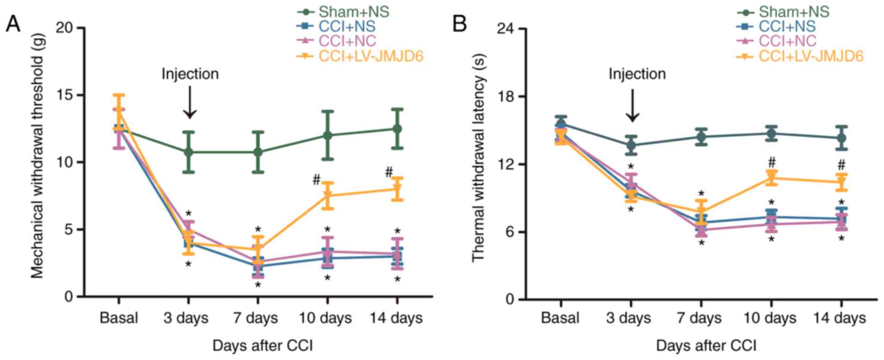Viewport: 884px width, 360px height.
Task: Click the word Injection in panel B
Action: click(x=637, y=74)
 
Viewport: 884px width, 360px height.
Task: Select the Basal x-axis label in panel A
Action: click(x=119, y=318)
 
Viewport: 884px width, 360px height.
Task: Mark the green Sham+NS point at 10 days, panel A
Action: click(x=327, y=135)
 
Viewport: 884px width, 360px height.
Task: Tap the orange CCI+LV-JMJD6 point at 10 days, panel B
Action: click(x=771, y=178)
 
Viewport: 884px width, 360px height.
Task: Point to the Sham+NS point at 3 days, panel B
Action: click(x=631, y=145)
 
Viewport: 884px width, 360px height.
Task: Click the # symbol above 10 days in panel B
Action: click(x=771, y=162)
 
